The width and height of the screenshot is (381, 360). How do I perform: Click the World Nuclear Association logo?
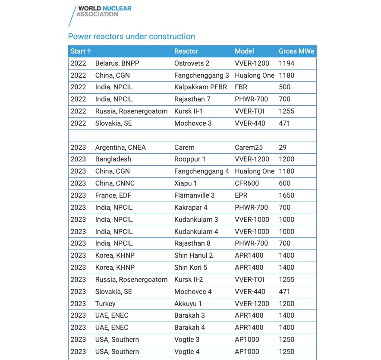click(x=101, y=14)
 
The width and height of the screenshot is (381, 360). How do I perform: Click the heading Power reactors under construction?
click(x=132, y=37)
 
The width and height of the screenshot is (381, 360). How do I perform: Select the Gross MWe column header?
click(x=296, y=51)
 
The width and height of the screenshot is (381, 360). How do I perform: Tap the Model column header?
click(x=244, y=51)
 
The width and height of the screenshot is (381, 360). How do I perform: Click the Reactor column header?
click(x=186, y=51)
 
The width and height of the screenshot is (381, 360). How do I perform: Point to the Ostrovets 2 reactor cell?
click(x=192, y=63)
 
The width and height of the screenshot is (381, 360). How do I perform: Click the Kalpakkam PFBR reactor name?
click(x=200, y=87)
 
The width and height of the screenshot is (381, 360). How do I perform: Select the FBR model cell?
click(x=241, y=87)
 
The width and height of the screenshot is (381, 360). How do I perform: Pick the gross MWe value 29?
click(x=283, y=148)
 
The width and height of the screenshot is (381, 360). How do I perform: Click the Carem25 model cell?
click(x=249, y=148)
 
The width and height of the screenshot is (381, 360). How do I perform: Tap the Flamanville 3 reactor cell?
click(x=194, y=196)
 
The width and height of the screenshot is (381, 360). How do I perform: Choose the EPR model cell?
click(x=241, y=196)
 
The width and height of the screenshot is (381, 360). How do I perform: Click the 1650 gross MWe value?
click(x=287, y=196)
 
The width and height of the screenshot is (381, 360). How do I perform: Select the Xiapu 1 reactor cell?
click(x=186, y=183)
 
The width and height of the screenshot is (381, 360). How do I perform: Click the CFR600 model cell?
click(x=247, y=183)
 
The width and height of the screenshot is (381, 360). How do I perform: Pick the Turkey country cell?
click(x=105, y=304)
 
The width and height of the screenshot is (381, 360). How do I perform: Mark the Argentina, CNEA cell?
click(x=120, y=148)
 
